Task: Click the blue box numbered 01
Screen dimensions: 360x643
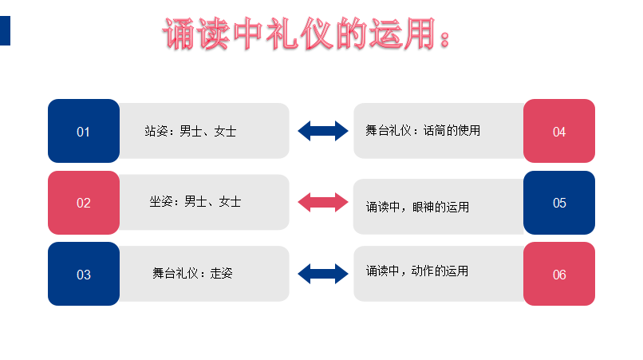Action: click(x=84, y=131)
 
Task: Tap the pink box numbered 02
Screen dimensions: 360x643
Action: click(x=84, y=203)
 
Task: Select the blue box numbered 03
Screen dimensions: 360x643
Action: click(x=84, y=274)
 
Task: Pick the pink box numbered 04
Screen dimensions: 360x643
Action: click(x=559, y=131)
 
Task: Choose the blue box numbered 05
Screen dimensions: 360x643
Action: click(x=559, y=203)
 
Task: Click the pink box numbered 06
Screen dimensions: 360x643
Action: click(x=559, y=274)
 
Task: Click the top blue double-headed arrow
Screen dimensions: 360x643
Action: click(x=323, y=131)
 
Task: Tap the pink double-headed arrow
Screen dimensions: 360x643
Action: click(x=323, y=203)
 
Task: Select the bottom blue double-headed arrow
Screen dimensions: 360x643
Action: click(x=323, y=274)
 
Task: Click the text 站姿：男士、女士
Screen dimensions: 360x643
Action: click(x=190, y=131)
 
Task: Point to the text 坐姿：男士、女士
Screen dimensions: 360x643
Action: click(x=195, y=202)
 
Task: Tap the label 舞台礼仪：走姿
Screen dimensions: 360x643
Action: click(x=192, y=273)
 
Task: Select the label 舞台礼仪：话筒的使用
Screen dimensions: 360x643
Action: click(x=423, y=130)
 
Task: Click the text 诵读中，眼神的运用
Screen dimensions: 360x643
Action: click(x=417, y=207)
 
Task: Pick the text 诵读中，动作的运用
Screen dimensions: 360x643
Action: click(x=417, y=271)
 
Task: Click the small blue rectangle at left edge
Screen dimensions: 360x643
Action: click(x=5, y=30)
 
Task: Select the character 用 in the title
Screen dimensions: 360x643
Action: click(x=414, y=35)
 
